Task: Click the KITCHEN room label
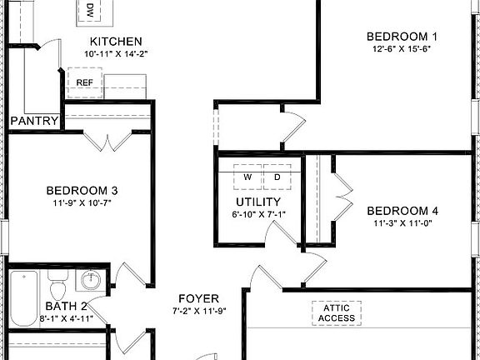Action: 116,42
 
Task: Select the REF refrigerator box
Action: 85,82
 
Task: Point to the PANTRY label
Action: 34,122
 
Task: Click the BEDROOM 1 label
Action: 402,36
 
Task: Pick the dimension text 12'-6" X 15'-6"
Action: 402,49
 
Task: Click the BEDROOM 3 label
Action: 82,189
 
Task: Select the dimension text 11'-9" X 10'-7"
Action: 82,202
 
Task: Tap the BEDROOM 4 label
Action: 402,210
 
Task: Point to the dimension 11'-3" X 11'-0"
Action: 402,223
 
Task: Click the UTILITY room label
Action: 258,202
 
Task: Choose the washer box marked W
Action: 247,177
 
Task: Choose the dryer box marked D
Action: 277,177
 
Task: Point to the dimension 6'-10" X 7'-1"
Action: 258,215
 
